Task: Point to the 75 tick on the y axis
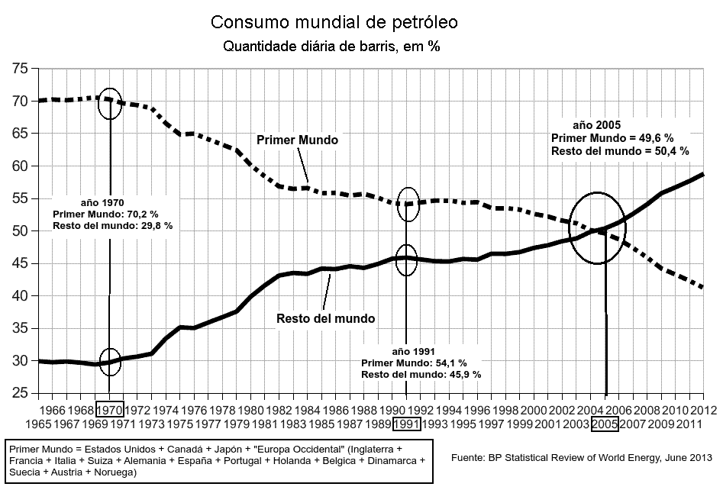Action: tap(21, 69)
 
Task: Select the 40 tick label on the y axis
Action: tap(21, 296)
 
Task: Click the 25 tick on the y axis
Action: tap(21, 393)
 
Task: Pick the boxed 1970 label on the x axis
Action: tap(109, 410)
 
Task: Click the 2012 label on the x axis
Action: tap(702, 410)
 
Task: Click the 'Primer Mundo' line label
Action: tap(297, 140)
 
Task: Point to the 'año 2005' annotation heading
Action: tap(596, 124)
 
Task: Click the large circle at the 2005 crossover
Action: tap(599, 228)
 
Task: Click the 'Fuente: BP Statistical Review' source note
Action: tap(581, 458)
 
